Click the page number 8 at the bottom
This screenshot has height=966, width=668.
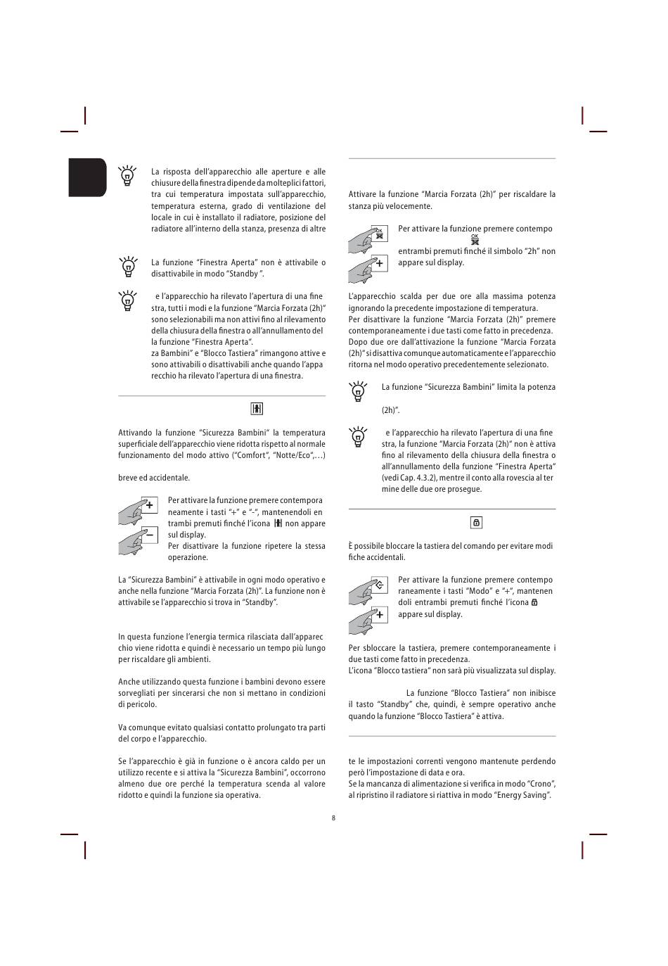(333, 818)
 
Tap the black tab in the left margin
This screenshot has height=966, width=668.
(87, 177)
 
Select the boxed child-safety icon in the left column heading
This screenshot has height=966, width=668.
(257, 409)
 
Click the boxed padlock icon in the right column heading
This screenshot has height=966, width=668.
(476, 523)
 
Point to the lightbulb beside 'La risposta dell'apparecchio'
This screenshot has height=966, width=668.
(127, 175)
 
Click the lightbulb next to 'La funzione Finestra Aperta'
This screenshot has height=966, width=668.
(127, 267)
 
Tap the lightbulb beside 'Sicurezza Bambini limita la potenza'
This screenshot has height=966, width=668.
(358, 391)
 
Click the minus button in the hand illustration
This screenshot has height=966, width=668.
(149, 535)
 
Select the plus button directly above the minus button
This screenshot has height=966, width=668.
(149, 505)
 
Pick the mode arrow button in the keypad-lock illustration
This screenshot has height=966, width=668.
(379, 585)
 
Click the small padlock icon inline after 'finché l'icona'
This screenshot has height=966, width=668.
(534, 602)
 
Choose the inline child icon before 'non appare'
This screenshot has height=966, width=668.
(278, 523)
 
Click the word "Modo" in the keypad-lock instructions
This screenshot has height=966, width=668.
(484, 591)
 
